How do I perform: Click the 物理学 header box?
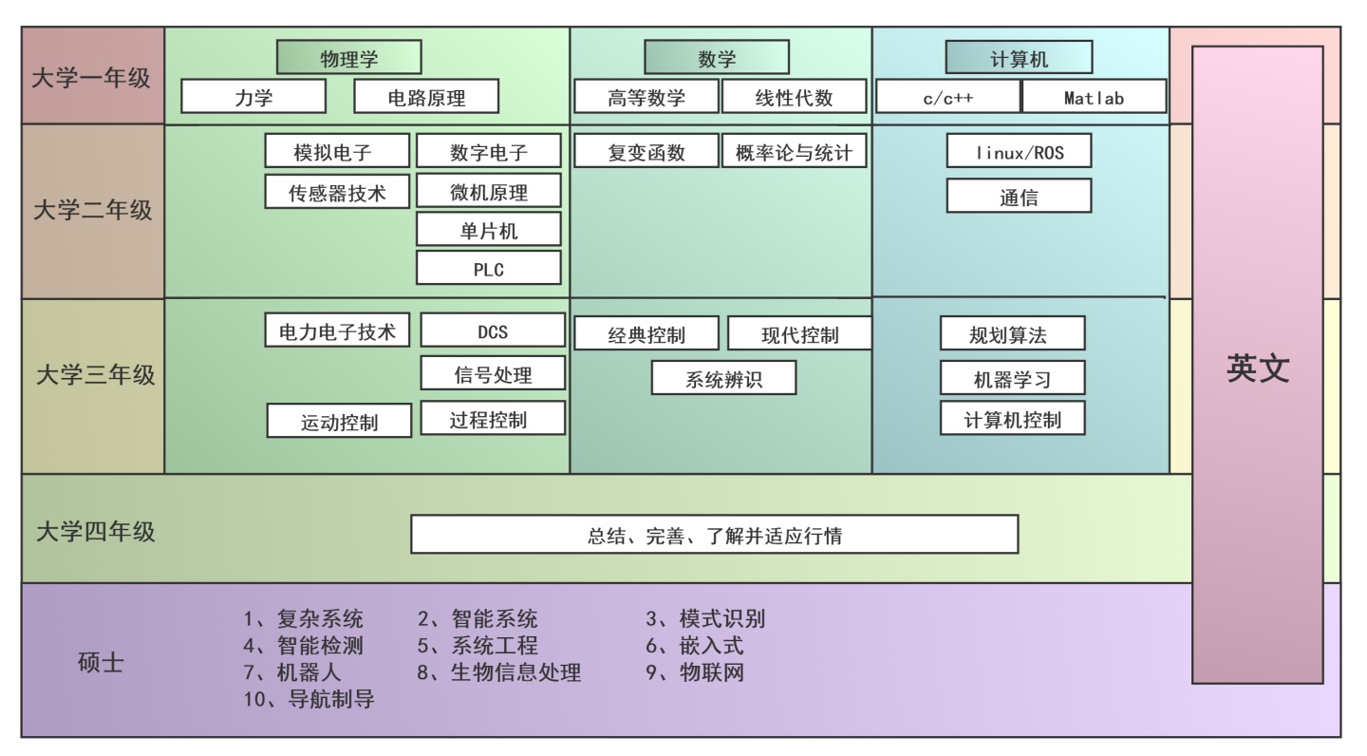tap(348, 58)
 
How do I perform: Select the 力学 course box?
tap(253, 97)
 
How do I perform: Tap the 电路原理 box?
tap(426, 97)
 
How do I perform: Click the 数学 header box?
tap(717, 58)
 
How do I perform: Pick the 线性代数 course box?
tap(794, 97)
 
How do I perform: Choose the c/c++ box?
tap(947, 97)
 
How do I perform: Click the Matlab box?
tap(1094, 97)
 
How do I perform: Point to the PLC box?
tap(488, 269)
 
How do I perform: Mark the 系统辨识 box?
tap(723, 379)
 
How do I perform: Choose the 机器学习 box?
tap(1012, 379)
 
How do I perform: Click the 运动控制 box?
tap(339, 422)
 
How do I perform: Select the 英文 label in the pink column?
tap(1257, 369)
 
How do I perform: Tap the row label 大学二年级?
tap(92, 210)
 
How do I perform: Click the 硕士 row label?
tap(100, 662)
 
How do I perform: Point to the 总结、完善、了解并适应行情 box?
tap(714, 535)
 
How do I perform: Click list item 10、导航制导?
tap(309, 701)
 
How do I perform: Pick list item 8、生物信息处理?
tap(499, 673)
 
